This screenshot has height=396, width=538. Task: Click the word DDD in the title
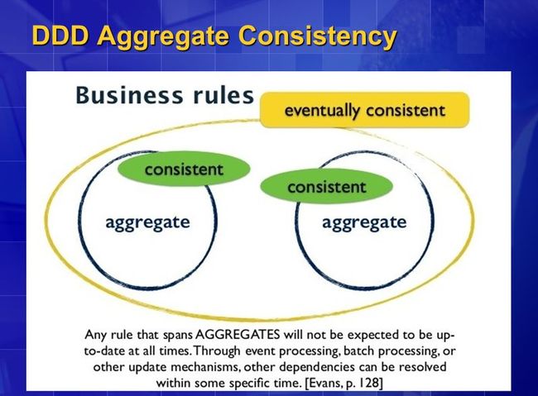(x=60, y=35)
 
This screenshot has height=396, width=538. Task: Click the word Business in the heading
(x=129, y=95)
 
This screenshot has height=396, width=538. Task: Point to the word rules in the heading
(x=223, y=95)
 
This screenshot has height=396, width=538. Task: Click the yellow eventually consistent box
(x=364, y=110)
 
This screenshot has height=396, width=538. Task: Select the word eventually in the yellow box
(x=322, y=111)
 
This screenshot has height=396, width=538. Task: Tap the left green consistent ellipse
(x=184, y=169)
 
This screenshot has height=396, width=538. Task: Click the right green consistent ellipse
(x=326, y=186)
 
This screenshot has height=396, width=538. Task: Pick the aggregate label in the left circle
(x=147, y=223)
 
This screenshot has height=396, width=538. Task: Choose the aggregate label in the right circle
(x=364, y=223)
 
